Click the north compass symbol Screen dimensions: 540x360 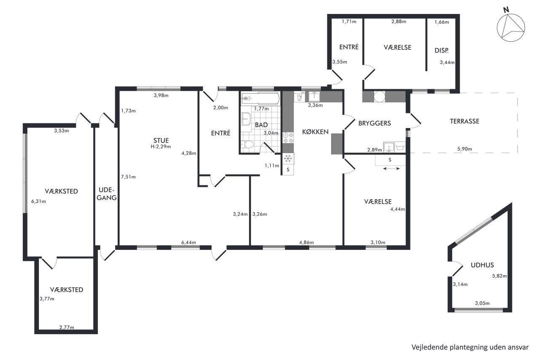[511, 27]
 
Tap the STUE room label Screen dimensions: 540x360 [161, 141]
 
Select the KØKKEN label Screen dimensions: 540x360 [315, 132]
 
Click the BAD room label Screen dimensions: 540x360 [261, 125]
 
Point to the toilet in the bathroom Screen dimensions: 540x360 [248, 145]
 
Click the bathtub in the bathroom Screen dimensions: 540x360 [261, 98]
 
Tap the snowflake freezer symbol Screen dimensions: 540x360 [288, 158]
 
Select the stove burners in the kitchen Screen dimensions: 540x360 [288, 138]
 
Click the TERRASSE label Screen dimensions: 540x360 [464, 121]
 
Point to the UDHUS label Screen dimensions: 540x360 [482, 265]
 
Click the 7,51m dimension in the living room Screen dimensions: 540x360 [128, 177]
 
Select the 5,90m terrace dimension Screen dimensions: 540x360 [464, 149]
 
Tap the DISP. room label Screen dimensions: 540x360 [442, 50]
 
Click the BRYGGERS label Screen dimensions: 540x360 [375, 123]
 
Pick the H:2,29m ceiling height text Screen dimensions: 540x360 [161, 146]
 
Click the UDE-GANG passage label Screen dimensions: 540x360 [107, 194]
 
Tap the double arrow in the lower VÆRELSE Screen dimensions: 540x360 [391, 168]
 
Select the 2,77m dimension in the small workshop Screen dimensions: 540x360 [67, 327]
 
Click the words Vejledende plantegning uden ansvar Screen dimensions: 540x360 [470, 347]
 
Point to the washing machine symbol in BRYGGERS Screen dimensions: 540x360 [400, 147]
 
